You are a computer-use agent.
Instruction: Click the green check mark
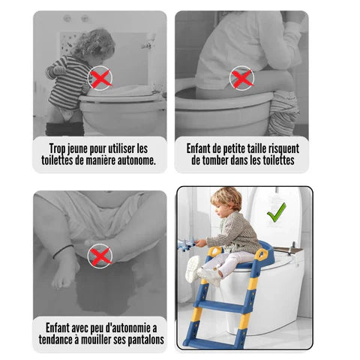[x=277, y=213]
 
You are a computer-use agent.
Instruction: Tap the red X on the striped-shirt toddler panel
[x=100, y=79]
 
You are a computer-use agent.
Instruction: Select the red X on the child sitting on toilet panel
[x=241, y=79]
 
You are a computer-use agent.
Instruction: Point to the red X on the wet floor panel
[x=100, y=256]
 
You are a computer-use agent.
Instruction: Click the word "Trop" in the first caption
[x=57, y=148]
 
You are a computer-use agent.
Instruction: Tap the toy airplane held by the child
[x=187, y=244]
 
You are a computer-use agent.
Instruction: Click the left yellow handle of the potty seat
[x=214, y=251]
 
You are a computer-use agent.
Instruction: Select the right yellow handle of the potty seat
[x=261, y=254]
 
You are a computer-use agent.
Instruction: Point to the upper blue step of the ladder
[x=219, y=307]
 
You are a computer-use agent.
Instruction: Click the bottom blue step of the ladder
[x=213, y=344]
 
